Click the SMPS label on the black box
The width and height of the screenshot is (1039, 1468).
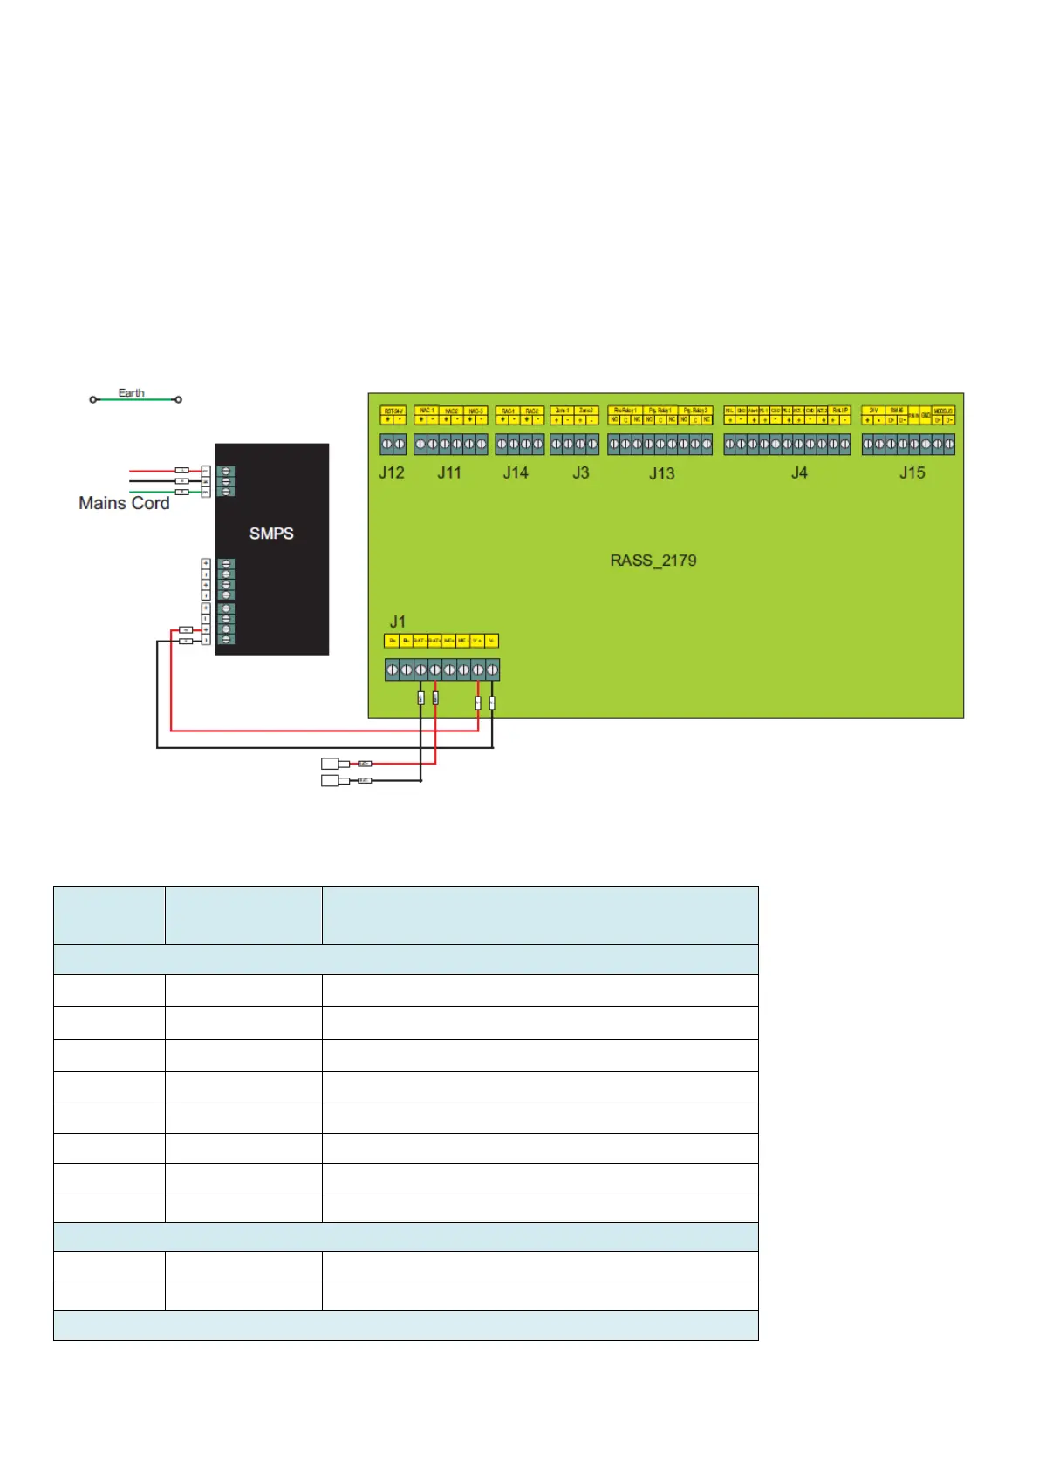[x=271, y=534]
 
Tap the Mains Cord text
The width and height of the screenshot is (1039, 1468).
[x=124, y=503]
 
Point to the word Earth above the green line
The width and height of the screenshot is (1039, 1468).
[x=131, y=393]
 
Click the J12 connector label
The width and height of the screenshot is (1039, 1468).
[x=392, y=472]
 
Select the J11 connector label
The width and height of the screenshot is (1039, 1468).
[x=449, y=472]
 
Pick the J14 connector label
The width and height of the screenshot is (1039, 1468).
[x=516, y=472]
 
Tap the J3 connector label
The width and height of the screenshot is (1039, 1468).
[x=580, y=472]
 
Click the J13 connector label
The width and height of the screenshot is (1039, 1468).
[x=661, y=473]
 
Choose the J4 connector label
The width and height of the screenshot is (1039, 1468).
[x=799, y=472]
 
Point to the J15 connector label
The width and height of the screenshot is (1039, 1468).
[x=913, y=472]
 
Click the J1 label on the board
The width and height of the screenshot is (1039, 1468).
[x=397, y=622]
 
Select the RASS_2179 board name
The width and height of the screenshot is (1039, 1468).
[x=653, y=561]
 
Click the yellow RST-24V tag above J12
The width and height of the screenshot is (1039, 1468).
[x=393, y=411]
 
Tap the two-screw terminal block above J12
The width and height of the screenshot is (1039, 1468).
[x=393, y=445]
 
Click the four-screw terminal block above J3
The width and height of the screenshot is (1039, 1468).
[x=574, y=445]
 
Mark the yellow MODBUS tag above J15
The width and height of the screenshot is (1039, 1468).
[x=943, y=411]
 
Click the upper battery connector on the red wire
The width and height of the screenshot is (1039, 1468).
[x=331, y=764]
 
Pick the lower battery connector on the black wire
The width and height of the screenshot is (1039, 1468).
[x=331, y=780]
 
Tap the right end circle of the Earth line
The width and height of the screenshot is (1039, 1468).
[x=178, y=399]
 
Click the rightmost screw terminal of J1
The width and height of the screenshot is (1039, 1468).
[x=492, y=669]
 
